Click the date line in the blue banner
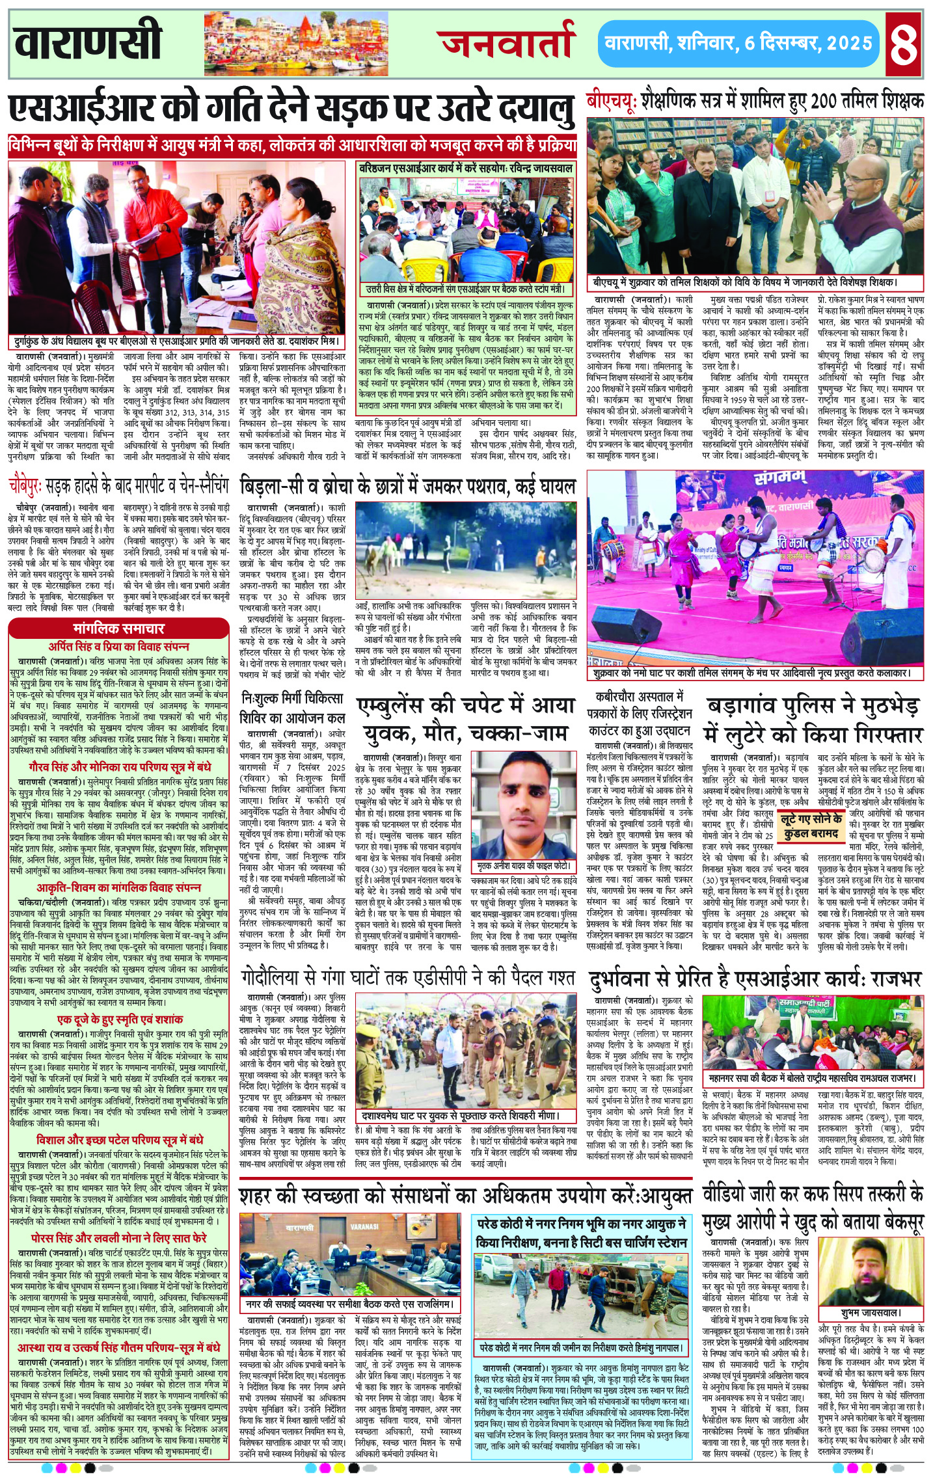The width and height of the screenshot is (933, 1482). [738, 44]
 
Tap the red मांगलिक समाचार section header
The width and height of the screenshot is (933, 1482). [118, 628]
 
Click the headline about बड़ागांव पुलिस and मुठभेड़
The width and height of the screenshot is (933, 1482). [815, 720]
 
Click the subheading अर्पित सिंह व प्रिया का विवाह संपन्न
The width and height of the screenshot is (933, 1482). [118, 646]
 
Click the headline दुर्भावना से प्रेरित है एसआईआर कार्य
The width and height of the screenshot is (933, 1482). [755, 978]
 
